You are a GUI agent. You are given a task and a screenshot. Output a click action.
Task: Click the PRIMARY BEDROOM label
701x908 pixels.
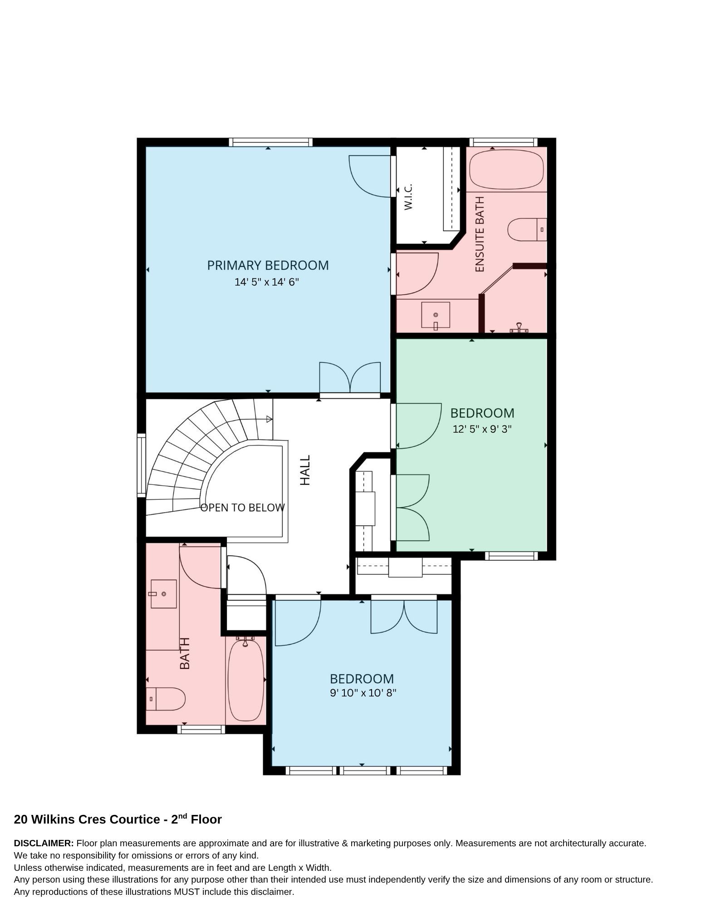click(x=268, y=265)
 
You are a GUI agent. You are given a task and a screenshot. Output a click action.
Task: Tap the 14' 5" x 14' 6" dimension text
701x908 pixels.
click(x=267, y=282)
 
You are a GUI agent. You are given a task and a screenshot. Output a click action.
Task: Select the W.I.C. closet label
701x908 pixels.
click(x=408, y=197)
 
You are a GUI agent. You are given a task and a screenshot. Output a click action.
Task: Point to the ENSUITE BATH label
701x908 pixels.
click(x=480, y=234)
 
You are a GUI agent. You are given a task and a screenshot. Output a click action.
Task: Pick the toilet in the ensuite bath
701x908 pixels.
click(x=527, y=230)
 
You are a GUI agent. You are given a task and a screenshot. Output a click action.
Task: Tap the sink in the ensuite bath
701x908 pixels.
click(x=436, y=315)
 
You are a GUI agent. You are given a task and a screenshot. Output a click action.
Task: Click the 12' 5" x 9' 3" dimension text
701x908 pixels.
click(x=482, y=429)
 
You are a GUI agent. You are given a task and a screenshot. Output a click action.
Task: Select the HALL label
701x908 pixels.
click(x=305, y=470)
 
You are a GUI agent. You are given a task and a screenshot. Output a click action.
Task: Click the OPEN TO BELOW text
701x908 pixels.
click(x=243, y=508)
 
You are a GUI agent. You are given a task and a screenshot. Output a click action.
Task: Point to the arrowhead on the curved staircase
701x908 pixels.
click(x=270, y=419)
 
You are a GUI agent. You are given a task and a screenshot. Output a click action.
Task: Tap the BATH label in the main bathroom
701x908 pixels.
click(x=185, y=653)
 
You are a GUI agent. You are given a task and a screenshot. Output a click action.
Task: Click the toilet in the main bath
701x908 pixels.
click(x=166, y=699)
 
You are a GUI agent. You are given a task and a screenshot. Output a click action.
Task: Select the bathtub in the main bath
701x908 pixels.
click(x=245, y=680)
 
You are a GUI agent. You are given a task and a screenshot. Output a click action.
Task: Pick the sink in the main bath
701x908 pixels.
click(x=163, y=594)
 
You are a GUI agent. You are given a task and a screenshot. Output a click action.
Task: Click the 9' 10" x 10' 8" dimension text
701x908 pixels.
click(x=363, y=693)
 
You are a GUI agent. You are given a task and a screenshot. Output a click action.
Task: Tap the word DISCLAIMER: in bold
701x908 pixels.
click(x=44, y=843)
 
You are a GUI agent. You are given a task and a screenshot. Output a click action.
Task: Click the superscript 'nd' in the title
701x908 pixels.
click(x=182, y=816)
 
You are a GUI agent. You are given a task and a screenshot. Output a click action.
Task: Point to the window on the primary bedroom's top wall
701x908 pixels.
click(x=271, y=142)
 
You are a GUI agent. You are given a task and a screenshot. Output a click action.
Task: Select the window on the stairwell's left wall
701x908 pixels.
click(x=142, y=465)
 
